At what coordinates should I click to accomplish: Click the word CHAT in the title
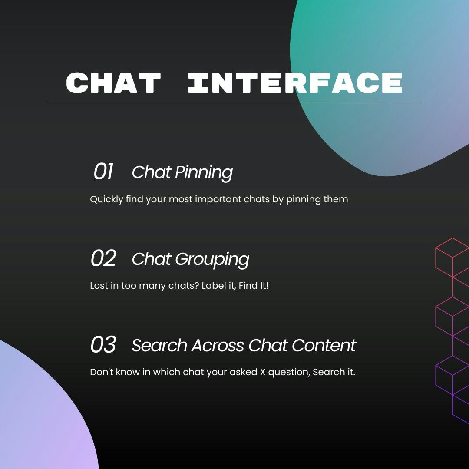coord(113,83)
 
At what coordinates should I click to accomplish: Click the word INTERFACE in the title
coord(295,83)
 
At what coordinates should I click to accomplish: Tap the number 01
coord(103,172)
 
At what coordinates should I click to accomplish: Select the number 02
coord(103,258)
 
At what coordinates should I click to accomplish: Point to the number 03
coord(103,344)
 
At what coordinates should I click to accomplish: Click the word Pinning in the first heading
coord(204,172)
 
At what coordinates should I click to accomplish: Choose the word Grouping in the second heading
coord(212,259)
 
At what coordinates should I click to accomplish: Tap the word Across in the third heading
coord(218,346)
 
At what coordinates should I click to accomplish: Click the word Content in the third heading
coord(324,346)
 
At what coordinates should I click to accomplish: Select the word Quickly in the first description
coord(106,199)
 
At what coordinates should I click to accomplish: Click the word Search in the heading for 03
coord(159,346)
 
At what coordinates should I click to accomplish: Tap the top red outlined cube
coord(452,258)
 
